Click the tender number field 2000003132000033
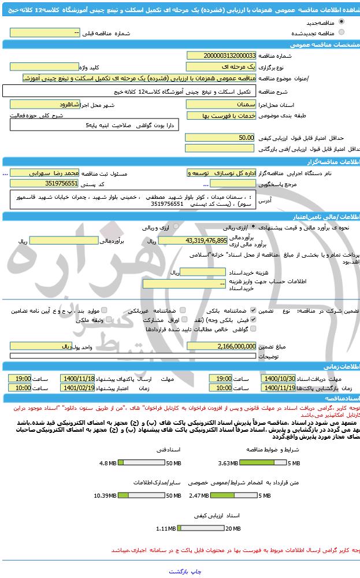(x=221, y=55)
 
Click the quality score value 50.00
(x=220, y=138)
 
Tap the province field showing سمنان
(x=220, y=105)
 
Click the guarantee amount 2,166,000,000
(x=221, y=346)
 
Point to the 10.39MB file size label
(x=108, y=495)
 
